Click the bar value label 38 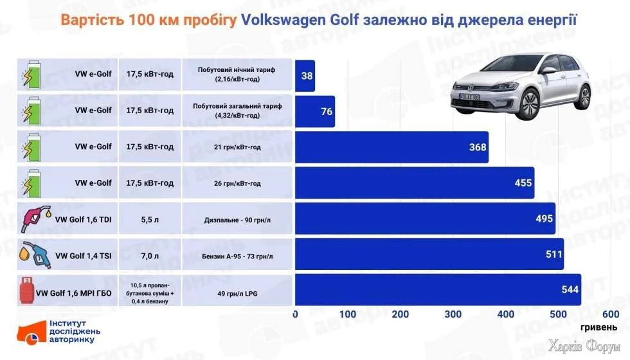pos(307,76)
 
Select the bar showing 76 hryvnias pos(315,112)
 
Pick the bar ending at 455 pos(415,183)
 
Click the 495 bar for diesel pos(424,219)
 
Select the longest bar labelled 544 pos(437,290)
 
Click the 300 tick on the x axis pos(454,314)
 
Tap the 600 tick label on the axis pos(611,314)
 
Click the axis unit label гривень pos(599,327)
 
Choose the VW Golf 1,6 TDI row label pos(84,219)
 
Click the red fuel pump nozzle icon pos(33,219)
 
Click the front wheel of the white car pos(529,102)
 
